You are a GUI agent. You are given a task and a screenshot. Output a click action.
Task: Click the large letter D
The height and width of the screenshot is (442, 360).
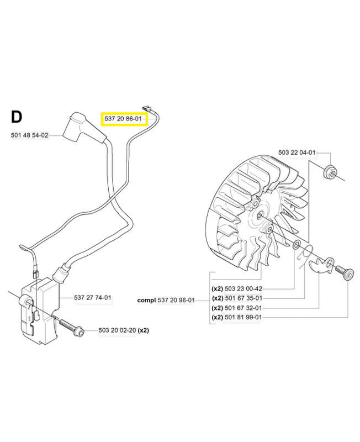[x=17, y=117]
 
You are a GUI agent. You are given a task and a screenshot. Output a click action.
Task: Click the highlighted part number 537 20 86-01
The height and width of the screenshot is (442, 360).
[x=124, y=118]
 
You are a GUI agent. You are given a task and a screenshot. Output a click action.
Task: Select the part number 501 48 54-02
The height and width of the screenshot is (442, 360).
[x=29, y=135]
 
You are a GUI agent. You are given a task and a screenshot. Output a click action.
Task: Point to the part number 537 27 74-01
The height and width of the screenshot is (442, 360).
[x=93, y=298]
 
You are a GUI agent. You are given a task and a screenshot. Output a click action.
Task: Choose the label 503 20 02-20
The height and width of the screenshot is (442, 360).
[x=117, y=330]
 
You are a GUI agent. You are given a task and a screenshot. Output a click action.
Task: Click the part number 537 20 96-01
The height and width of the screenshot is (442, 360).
[x=176, y=300]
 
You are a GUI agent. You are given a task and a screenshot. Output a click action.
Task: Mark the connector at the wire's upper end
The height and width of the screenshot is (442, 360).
[x=147, y=109]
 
